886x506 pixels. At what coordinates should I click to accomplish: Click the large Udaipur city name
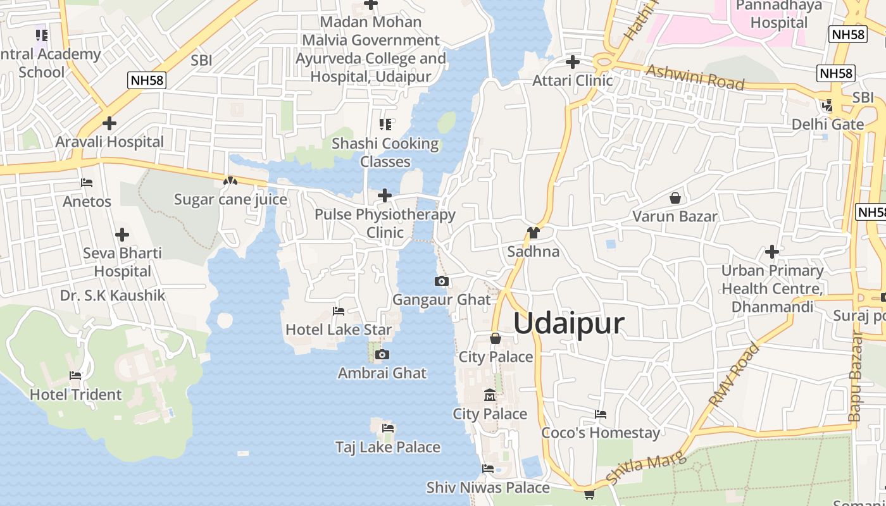click(569, 323)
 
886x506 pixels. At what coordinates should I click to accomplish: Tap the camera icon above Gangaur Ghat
click(442, 281)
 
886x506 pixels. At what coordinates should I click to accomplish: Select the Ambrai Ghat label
click(382, 373)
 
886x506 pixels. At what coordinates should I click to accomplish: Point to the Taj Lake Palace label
click(387, 447)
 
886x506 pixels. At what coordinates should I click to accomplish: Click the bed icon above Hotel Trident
click(75, 376)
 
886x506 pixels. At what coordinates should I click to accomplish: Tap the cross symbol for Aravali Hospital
click(109, 123)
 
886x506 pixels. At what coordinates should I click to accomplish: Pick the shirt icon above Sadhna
click(533, 233)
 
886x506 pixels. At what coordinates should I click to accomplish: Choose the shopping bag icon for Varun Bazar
click(675, 198)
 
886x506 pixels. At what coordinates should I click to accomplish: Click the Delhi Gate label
click(828, 124)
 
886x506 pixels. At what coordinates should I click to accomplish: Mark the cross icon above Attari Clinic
click(572, 62)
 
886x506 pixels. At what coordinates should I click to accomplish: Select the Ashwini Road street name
click(694, 77)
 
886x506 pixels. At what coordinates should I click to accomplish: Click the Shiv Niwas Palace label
click(488, 488)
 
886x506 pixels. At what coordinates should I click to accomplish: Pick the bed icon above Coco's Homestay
click(601, 414)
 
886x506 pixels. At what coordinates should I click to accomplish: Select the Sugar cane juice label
click(230, 200)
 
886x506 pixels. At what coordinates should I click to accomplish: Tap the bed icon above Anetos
click(87, 183)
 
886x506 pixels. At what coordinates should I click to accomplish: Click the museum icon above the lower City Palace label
click(489, 396)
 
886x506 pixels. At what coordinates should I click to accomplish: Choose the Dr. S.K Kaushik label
click(113, 295)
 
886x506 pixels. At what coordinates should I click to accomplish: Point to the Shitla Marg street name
click(646, 469)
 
